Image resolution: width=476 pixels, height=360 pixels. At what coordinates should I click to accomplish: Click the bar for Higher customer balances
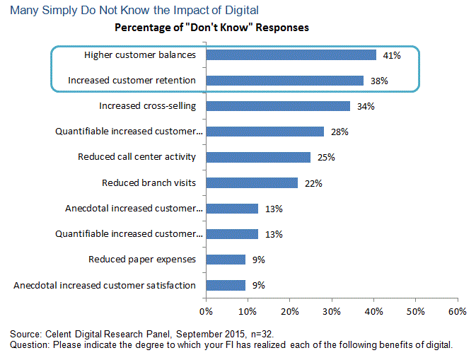pos(291,54)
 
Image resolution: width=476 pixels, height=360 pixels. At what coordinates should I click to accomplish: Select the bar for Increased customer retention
pos(285,81)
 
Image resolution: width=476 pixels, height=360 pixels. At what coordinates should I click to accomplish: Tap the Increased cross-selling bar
pos(278,106)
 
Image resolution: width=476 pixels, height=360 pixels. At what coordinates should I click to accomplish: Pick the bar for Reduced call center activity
pos(258,157)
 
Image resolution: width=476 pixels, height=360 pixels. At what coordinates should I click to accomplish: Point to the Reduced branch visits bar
pos(252,182)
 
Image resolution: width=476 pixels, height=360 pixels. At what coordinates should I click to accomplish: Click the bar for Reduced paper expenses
pos(226,260)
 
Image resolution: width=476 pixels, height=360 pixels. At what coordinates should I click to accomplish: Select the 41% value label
pos(393,55)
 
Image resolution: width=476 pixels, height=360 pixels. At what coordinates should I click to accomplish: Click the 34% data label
pos(366,107)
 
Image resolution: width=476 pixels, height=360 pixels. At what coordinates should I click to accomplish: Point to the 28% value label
pos(340,132)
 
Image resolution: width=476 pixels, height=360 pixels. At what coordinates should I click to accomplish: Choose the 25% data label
pos(327,158)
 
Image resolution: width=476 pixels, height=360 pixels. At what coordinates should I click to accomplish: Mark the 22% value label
pos(314,183)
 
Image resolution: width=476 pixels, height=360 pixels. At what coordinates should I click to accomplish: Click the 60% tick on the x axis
pos(458,310)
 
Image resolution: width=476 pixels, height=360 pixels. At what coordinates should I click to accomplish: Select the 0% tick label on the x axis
pos(206,310)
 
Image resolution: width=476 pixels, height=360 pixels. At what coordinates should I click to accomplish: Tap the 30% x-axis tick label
pos(332,310)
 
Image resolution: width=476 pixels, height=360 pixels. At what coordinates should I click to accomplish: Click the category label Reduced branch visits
pos(149,182)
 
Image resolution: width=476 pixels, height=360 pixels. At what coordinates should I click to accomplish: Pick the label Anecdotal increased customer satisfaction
pos(105,285)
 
